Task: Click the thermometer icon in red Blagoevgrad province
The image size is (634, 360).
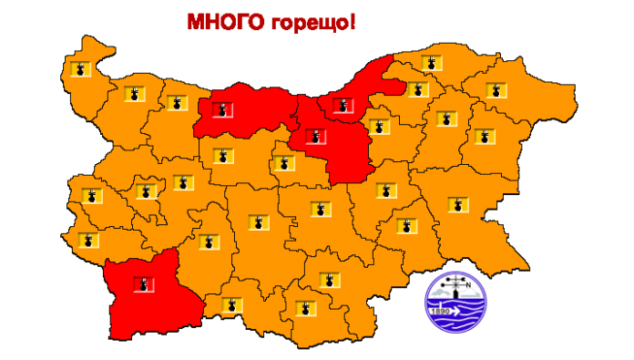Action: [141, 285]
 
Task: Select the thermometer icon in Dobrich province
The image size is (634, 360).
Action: [496, 89]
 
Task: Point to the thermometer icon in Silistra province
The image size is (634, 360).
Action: [431, 63]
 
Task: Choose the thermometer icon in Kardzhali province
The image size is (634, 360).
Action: [302, 306]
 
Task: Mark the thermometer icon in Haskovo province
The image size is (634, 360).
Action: [329, 279]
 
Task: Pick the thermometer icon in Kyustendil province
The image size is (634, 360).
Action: [87, 240]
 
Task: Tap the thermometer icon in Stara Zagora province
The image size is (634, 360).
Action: [319, 209]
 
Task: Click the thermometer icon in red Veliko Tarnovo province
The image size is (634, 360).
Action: [315, 138]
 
